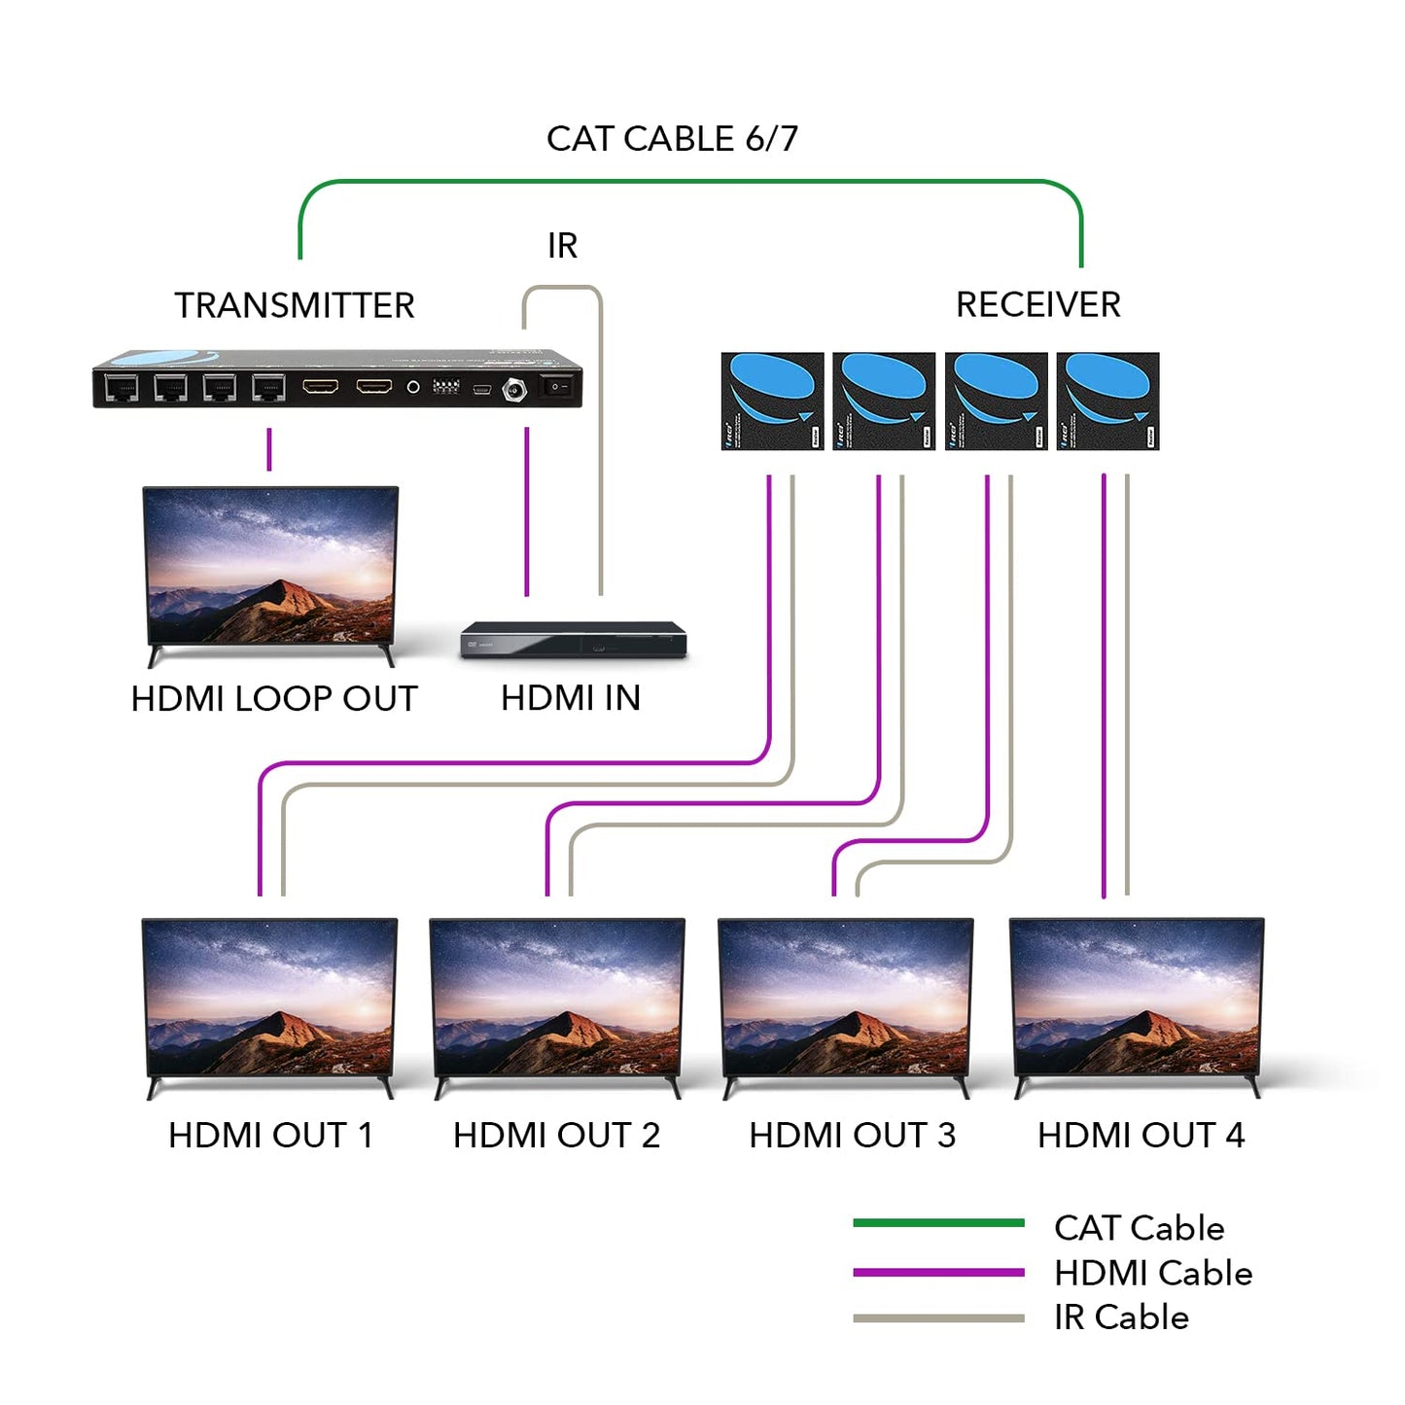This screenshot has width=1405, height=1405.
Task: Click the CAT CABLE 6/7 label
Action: click(x=672, y=139)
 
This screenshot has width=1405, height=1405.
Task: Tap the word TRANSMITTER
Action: click(x=294, y=305)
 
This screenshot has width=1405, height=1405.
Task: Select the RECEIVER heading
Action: click(x=1037, y=304)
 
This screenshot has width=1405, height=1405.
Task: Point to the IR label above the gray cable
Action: click(x=562, y=246)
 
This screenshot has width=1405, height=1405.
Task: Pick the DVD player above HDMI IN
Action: click(x=574, y=640)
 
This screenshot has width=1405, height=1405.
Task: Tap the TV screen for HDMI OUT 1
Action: click(x=269, y=998)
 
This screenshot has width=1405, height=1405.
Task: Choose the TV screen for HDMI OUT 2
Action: click(x=557, y=998)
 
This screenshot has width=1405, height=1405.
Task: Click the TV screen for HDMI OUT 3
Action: click(x=845, y=998)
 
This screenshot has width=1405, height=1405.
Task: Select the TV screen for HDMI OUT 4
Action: click(x=1137, y=998)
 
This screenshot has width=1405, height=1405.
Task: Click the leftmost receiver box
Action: click(x=772, y=401)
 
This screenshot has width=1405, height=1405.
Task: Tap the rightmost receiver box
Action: click(x=1107, y=401)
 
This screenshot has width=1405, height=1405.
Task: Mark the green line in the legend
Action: click(x=938, y=1223)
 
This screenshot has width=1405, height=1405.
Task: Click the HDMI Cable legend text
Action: click(x=1153, y=1273)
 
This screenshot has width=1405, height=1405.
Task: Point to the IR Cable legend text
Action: click(x=1121, y=1317)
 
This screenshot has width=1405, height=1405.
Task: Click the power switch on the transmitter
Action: click(x=556, y=387)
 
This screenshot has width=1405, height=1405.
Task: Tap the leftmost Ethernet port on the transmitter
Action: click(x=122, y=388)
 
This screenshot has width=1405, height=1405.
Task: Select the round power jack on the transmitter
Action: click(x=513, y=390)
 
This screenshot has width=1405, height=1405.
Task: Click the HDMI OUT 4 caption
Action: click(x=1141, y=1136)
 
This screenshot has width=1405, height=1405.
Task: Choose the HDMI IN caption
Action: click(x=571, y=698)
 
